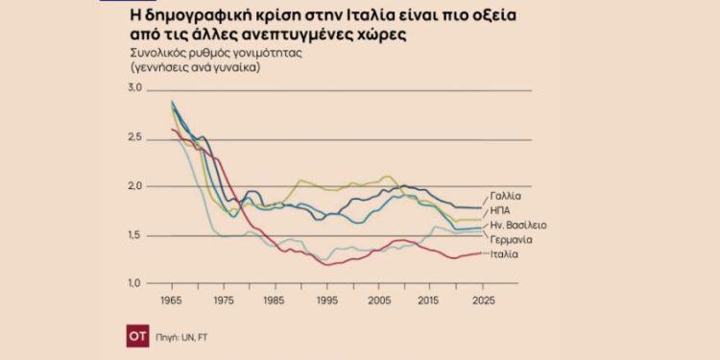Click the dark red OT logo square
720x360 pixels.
(x=138, y=337)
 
